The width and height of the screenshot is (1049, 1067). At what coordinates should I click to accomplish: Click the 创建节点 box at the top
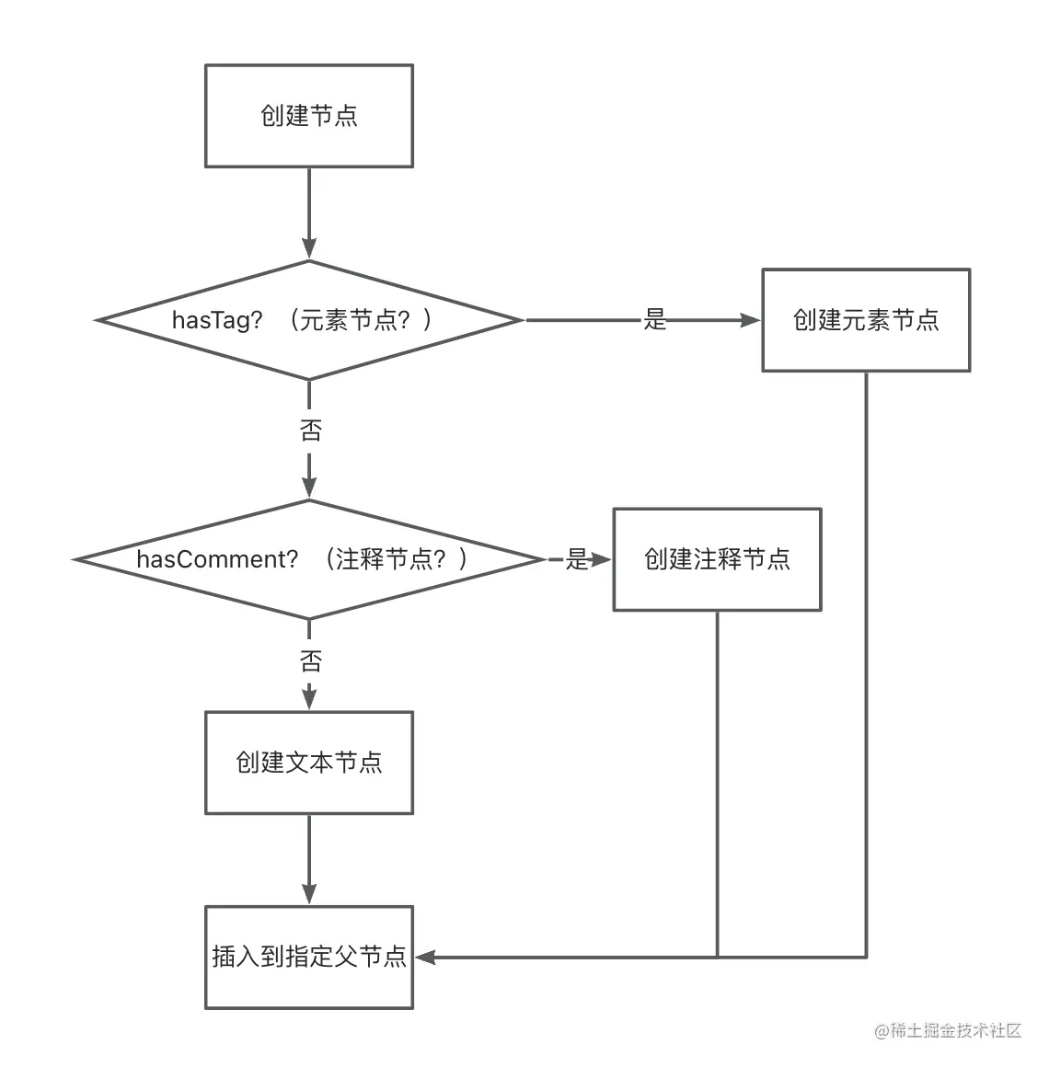coord(308,116)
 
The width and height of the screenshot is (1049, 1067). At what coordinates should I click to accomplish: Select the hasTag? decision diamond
coord(308,320)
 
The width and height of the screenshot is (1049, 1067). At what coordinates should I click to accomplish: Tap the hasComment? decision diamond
coord(308,559)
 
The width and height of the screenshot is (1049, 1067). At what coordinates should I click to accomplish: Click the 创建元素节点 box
coord(865,320)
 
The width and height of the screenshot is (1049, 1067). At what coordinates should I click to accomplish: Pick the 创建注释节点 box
coord(717,559)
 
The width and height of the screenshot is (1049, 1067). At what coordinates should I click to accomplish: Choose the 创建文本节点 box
coord(308,763)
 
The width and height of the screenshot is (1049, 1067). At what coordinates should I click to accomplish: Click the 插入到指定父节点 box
coord(308,958)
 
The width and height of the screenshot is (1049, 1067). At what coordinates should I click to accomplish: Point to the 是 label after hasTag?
coord(654,320)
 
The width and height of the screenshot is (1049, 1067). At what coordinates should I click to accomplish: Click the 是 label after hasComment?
coord(576,559)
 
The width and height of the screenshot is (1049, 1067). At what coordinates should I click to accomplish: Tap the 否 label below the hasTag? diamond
coord(310,430)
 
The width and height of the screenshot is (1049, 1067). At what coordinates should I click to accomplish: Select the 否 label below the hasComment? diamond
coord(310,660)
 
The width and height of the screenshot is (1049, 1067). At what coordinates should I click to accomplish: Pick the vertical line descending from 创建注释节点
coord(717,782)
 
